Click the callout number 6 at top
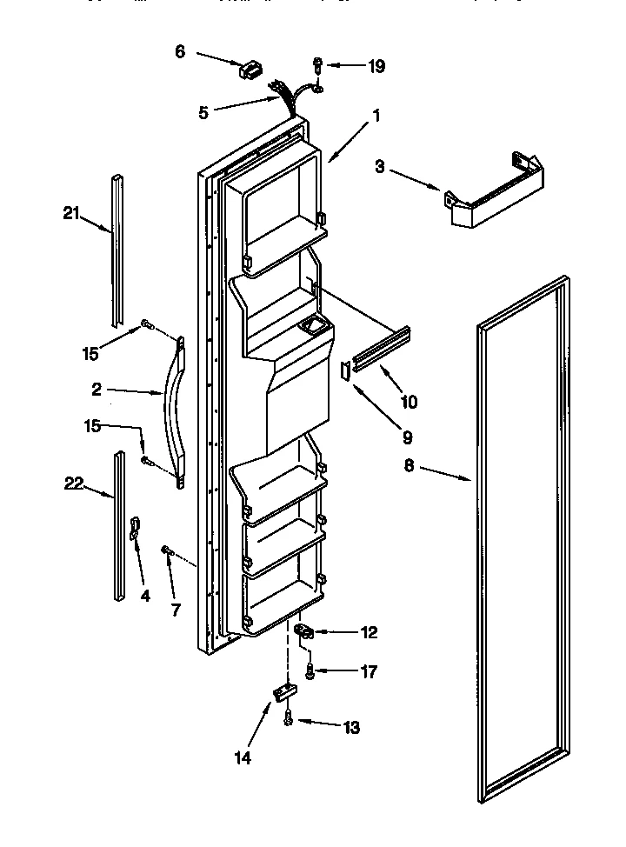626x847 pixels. [x=180, y=51]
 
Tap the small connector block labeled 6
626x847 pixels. [x=250, y=69]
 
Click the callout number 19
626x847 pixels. [x=376, y=65]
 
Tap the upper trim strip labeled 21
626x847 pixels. [x=117, y=244]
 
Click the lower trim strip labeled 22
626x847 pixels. [x=117, y=525]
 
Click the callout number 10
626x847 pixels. [x=408, y=402]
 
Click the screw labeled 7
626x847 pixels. [x=167, y=550]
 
